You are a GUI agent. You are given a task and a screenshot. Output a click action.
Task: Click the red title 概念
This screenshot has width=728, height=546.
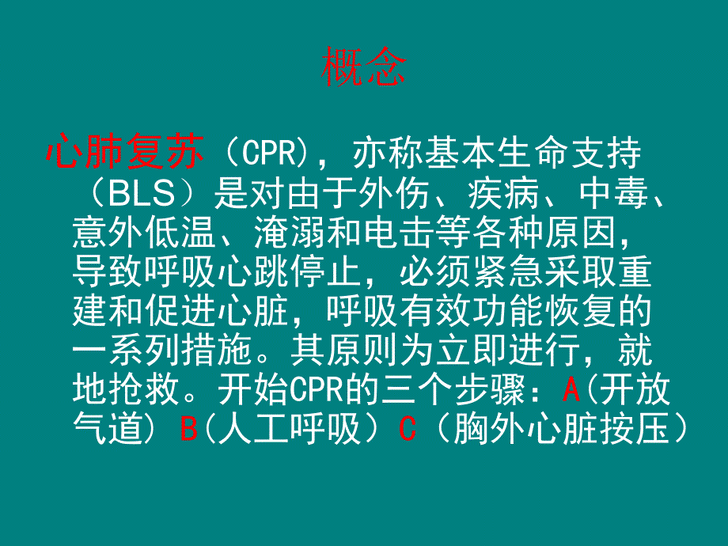pos(363,70)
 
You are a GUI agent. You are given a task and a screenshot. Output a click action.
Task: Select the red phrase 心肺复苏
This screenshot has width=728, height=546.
pos(126,152)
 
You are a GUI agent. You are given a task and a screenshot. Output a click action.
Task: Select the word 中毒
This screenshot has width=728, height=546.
pos(606,193)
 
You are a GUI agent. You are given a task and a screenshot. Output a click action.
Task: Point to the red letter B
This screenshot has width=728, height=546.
pos(189,429)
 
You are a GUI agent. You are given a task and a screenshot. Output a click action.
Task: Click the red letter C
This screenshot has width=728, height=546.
pos(408,429)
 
